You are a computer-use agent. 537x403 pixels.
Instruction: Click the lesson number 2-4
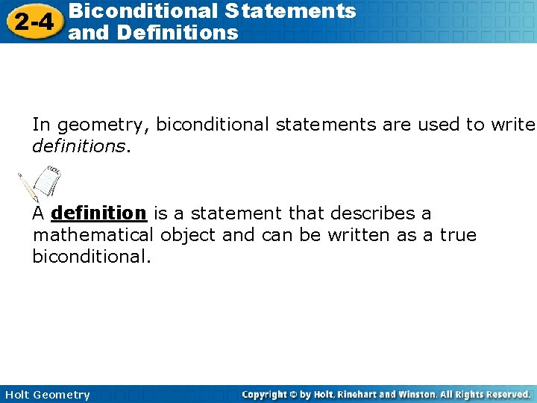click(32, 22)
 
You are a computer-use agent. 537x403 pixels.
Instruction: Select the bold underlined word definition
click(99, 213)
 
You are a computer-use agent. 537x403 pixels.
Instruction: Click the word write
click(512, 125)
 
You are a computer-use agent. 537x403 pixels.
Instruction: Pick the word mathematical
click(92, 236)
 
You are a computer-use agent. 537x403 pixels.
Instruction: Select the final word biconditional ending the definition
click(90, 257)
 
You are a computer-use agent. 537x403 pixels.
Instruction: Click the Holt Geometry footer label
click(45, 395)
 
